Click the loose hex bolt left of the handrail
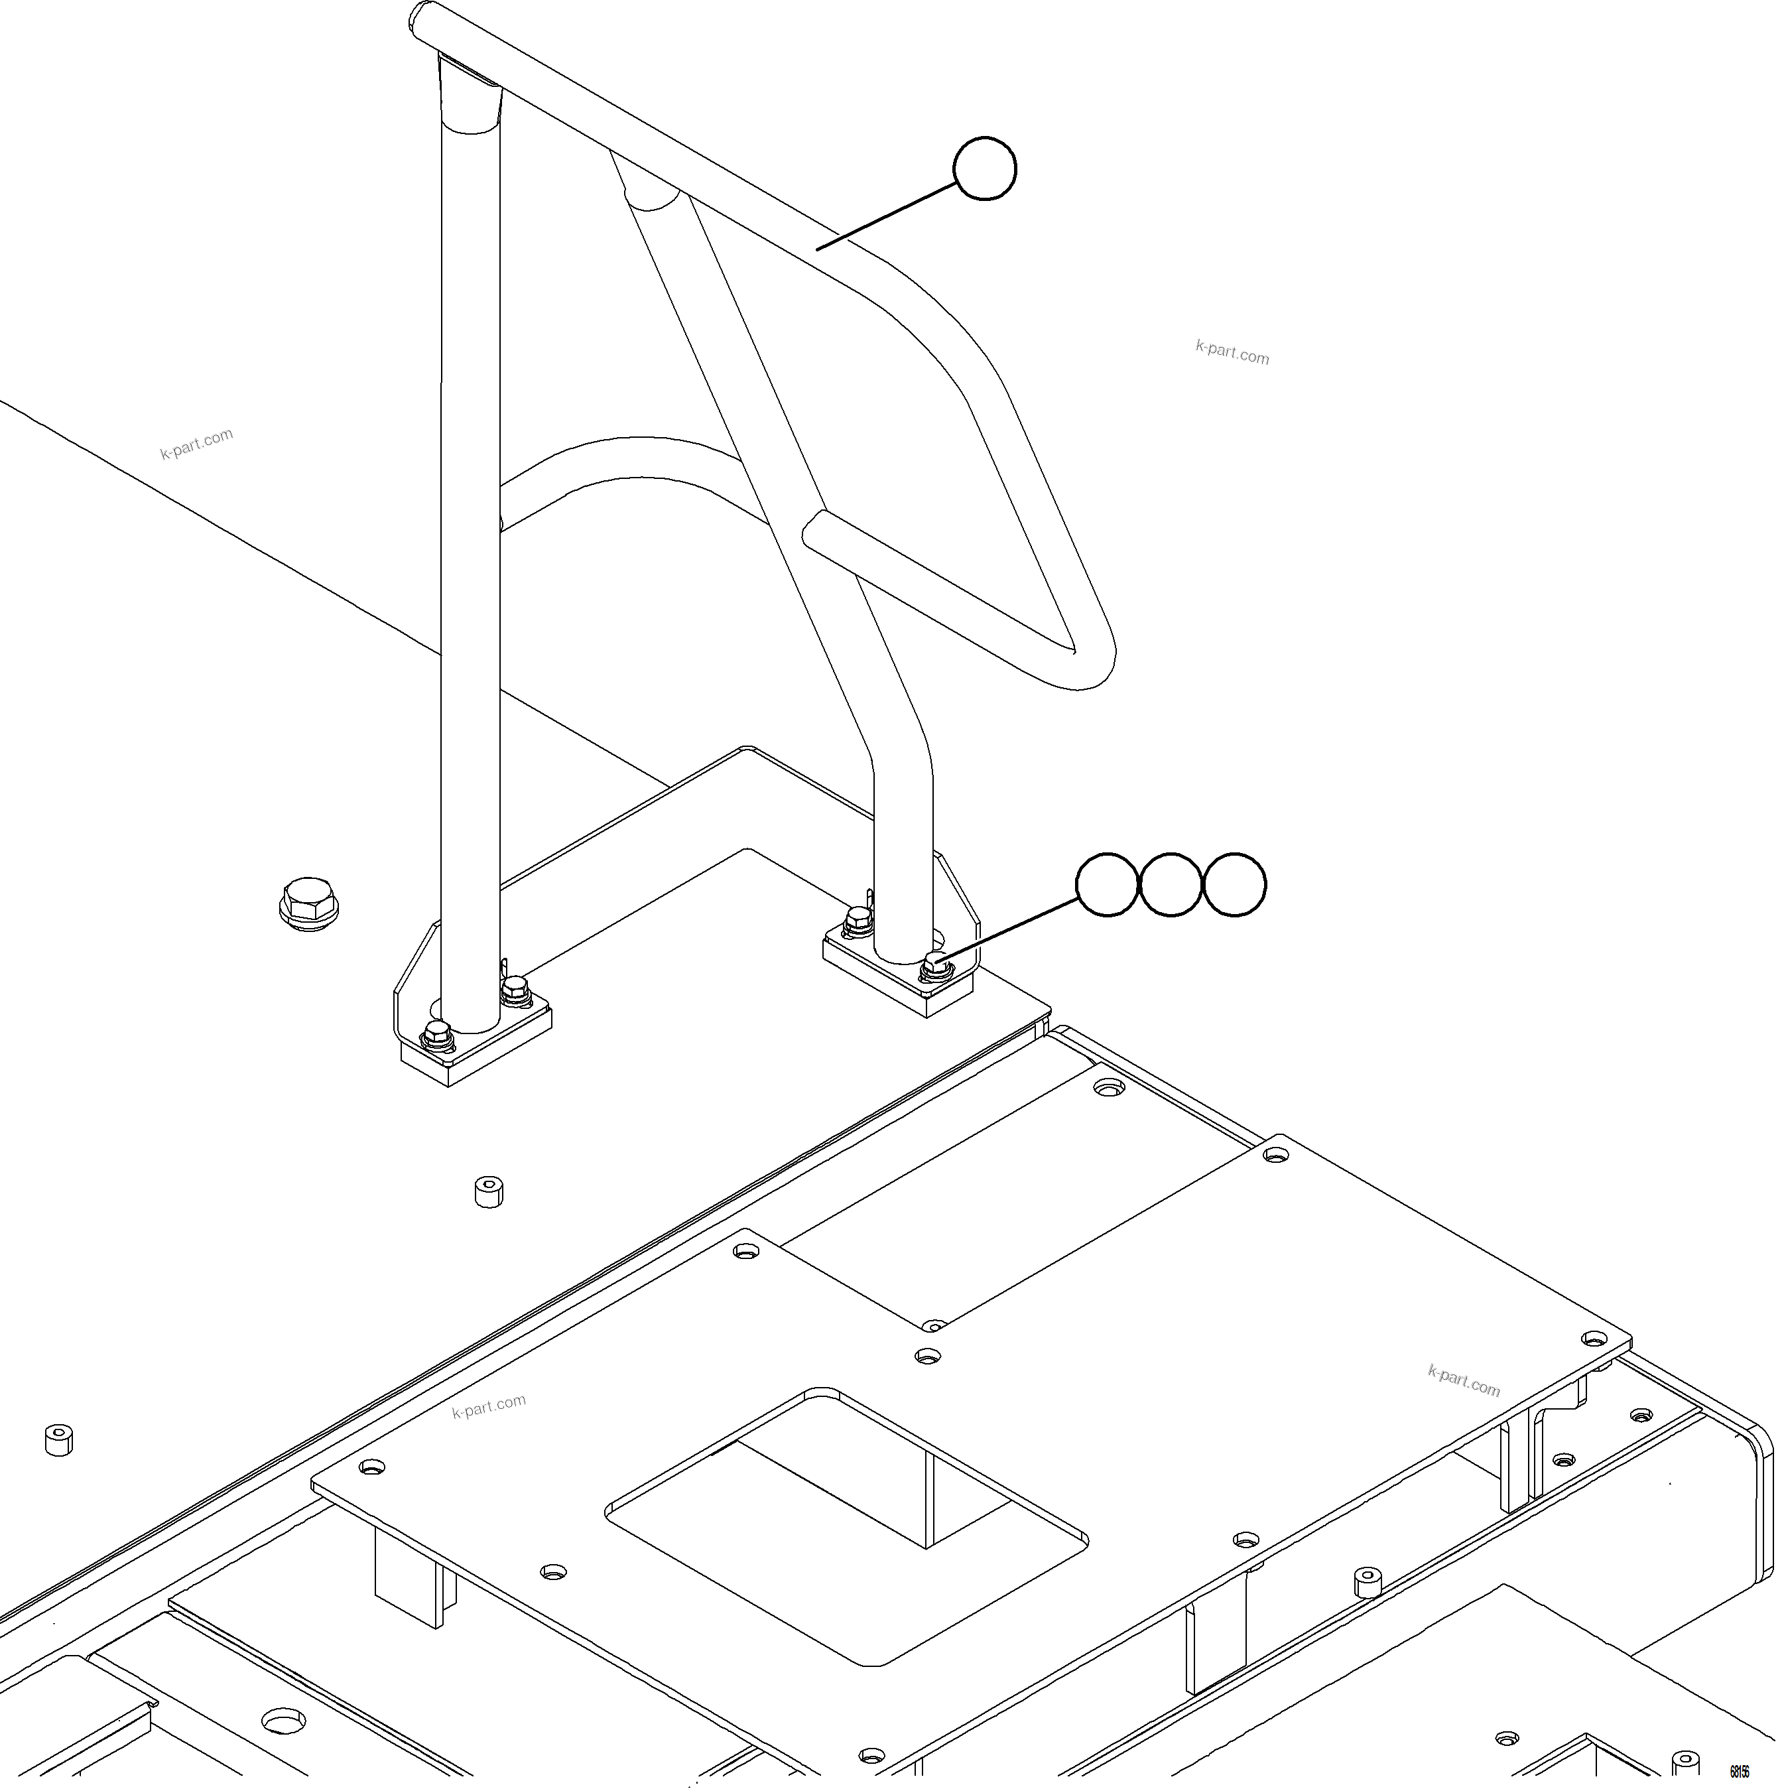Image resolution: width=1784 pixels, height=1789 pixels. tap(309, 903)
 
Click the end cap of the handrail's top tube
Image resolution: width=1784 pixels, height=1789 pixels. tap(425, 17)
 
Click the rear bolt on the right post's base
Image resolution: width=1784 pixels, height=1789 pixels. tap(858, 921)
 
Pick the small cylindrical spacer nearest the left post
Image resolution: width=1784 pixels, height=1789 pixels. tap(489, 1192)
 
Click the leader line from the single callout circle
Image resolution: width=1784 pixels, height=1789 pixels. tap(887, 215)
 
